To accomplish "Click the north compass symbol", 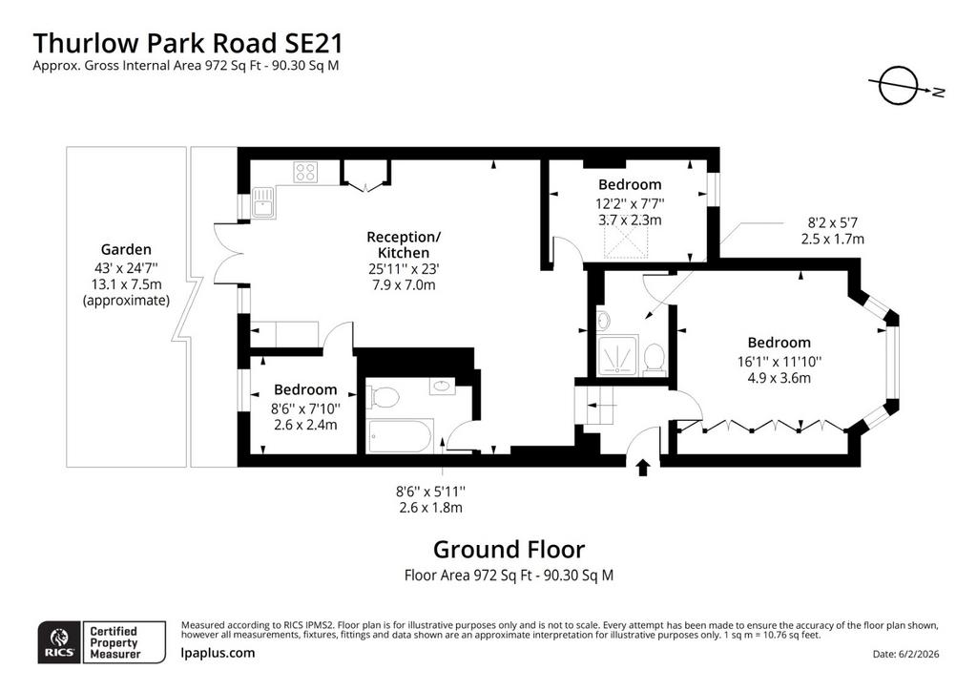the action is point(899,85).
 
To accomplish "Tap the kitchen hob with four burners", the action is point(305,172).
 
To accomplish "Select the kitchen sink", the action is point(263,202).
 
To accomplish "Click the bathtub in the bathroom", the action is point(400,436).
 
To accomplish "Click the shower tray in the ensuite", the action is point(617,356).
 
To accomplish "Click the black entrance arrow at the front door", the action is point(643,468).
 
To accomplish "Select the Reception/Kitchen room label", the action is point(404,245).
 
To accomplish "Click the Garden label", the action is point(126,249).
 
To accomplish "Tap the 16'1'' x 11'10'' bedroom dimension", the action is point(779,362).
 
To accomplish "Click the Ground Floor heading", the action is point(509,550).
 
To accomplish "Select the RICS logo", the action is point(59,642).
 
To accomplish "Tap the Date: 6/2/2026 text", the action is point(906,654).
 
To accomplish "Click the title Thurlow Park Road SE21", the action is point(188,44).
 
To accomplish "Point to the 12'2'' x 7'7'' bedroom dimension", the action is point(630,203).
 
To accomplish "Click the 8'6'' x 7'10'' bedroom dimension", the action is point(305,408).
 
